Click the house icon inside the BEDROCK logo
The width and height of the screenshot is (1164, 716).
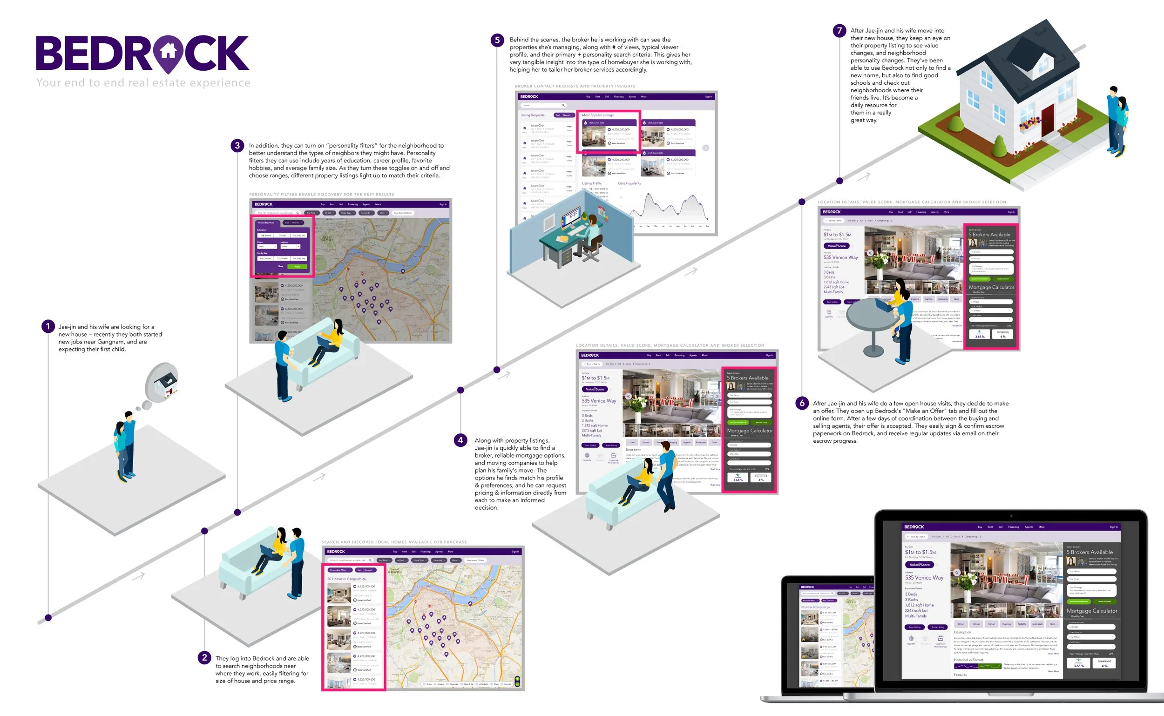[x=168, y=51]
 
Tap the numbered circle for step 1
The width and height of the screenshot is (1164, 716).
[x=48, y=326]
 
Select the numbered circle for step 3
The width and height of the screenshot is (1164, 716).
[x=237, y=145]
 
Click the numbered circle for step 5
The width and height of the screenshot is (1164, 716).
[x=497, y=40]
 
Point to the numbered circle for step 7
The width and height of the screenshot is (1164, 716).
[x=839, y=31]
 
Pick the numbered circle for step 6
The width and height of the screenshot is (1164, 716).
[x=802, y=404]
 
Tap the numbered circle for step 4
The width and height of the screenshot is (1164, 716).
[x=460, y=440]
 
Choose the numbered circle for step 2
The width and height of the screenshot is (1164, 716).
[x=204, y=658]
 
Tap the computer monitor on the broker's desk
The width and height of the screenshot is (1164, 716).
[x=571, y=217]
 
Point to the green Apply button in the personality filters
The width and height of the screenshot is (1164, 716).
[x=297, y=267]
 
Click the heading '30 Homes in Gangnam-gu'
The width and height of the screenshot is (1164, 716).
[x=347, y=579]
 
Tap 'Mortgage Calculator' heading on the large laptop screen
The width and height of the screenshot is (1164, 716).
[x=1091, y=611]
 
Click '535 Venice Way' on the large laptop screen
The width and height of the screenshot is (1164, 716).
[x=924, y=578]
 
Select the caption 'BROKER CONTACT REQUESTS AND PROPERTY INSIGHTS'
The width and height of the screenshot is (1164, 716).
[x=575, y=86]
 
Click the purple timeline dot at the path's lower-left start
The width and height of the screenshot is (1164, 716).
[x=48, y=617]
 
